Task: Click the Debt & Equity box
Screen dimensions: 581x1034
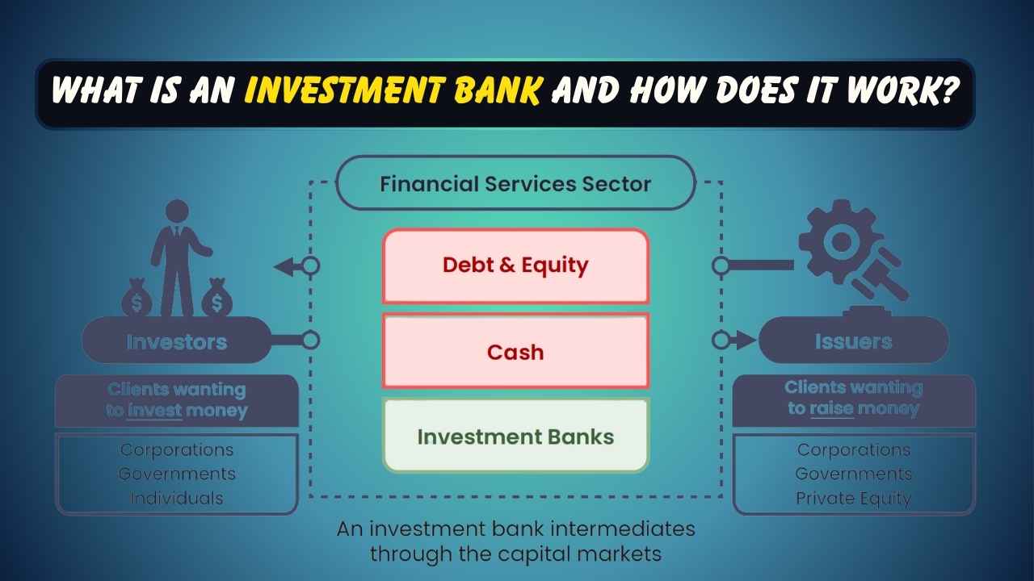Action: (x=515, y=265)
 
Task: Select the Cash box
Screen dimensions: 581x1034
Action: (x=515, y=352)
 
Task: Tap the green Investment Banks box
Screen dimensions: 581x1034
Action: (x=515, y=437)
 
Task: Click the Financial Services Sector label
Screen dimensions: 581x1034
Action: (x=515, y=183)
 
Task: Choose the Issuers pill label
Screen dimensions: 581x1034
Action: (x=853, y=341)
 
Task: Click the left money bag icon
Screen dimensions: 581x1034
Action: (x=137, y=299)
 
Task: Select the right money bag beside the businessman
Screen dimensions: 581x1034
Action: (x=215, y=299)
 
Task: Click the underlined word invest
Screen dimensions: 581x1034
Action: (x=155, y=411)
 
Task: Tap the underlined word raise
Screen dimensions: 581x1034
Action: (x=832, y=408)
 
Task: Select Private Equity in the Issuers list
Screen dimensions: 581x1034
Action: (x=853, y=499)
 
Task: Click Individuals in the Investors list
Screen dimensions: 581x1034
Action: (x=176, y=499)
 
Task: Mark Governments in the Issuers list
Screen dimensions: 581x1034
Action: (x=853, y=474)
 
